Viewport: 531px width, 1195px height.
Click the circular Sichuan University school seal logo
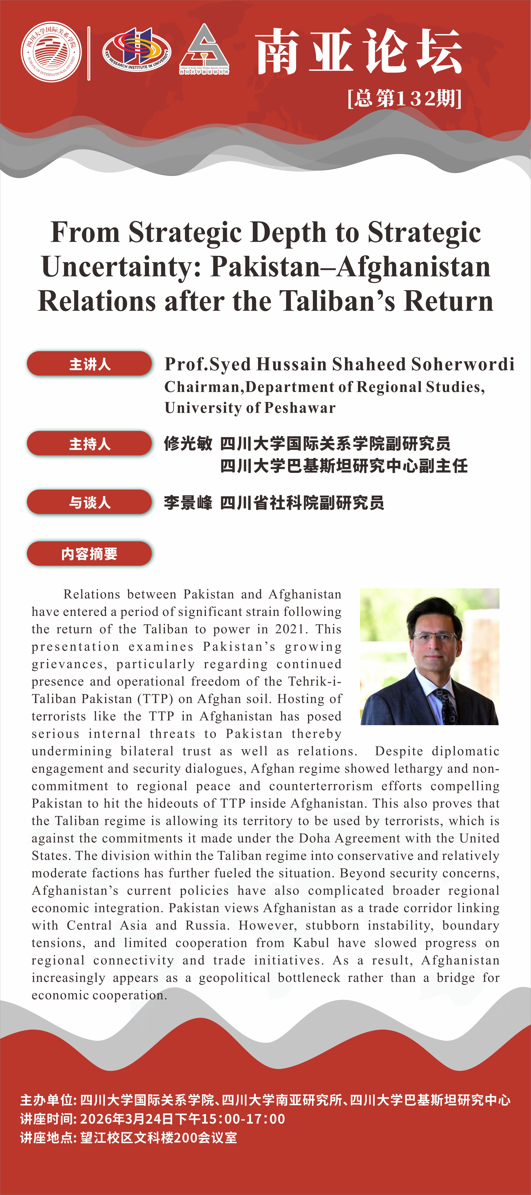click(51, 51)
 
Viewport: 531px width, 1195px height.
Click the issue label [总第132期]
click(404, 98)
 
